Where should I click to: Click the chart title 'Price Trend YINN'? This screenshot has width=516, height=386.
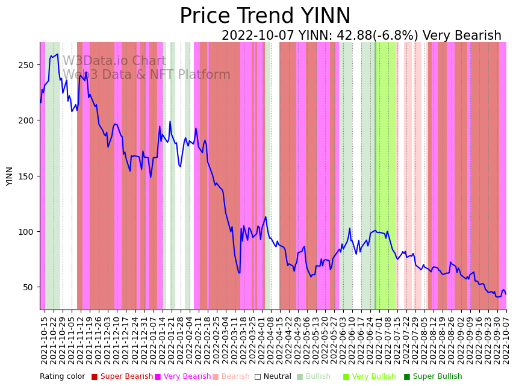265,16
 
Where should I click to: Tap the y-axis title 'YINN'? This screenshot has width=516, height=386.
10,176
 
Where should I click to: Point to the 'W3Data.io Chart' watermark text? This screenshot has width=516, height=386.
114,61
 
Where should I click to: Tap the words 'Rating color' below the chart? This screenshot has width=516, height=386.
63,377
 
